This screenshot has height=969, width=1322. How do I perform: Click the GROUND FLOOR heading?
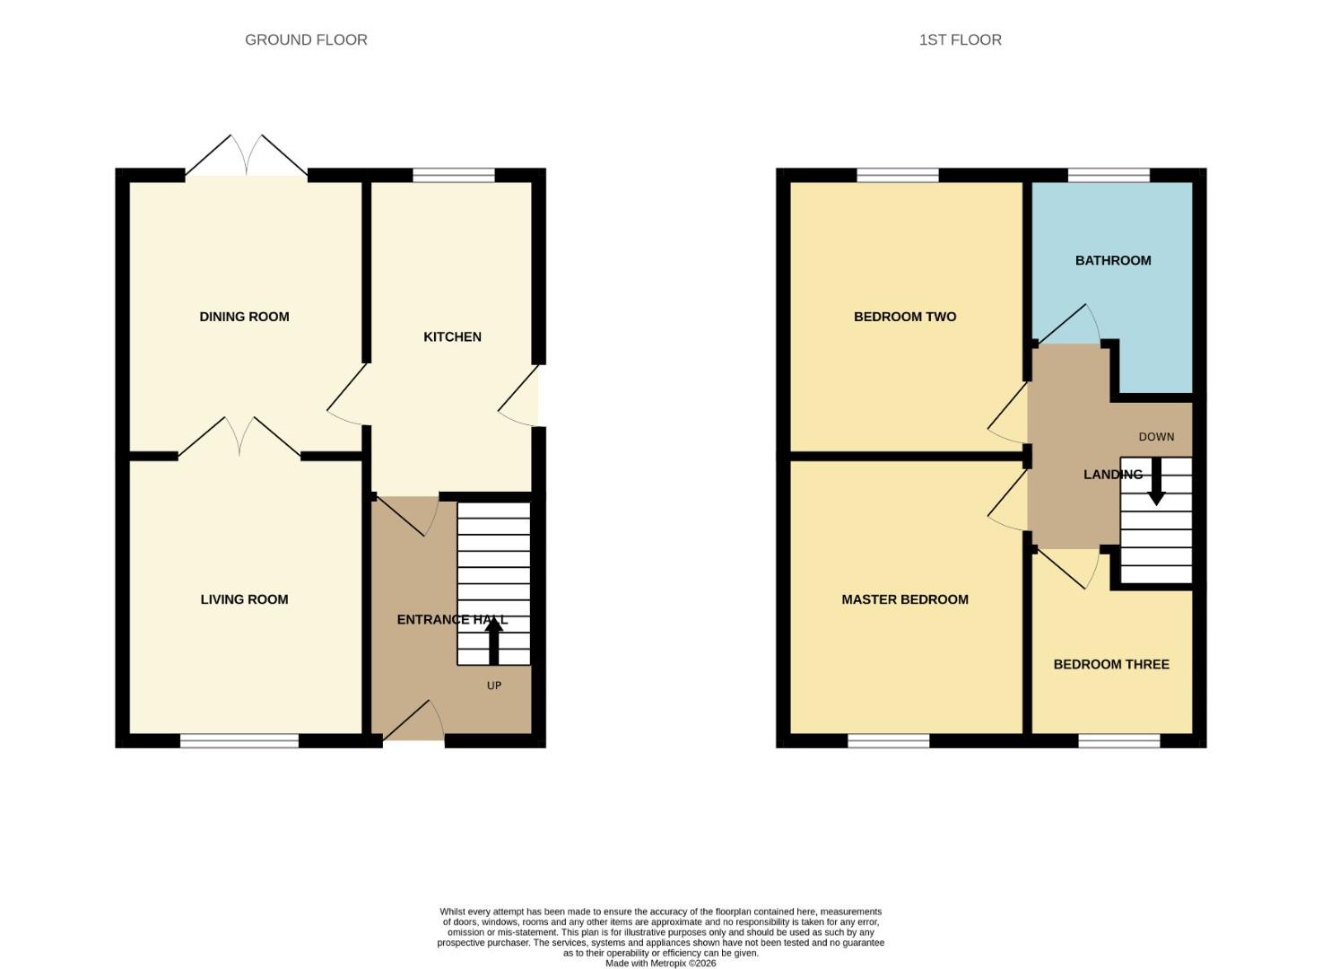306,39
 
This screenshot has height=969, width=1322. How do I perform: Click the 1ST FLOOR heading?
960,39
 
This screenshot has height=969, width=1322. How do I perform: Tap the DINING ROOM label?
244,317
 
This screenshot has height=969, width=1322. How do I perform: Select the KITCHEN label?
452,336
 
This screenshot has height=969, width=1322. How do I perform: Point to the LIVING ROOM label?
244,599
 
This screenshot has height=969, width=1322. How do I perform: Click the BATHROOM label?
1112,260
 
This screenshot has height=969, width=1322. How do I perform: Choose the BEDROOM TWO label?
904,317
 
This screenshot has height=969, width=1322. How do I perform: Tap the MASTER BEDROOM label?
904,599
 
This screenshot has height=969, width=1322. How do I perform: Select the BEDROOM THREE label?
1110,664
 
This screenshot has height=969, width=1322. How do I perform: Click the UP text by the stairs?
493,685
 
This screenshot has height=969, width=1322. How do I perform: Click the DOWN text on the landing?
1156,437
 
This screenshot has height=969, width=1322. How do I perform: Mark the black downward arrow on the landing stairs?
1156,482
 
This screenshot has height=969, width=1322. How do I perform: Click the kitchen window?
454,175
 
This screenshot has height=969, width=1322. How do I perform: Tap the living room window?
239,740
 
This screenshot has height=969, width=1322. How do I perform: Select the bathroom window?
1109,175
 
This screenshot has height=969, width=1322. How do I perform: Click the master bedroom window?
888,740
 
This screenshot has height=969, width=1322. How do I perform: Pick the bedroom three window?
1118,740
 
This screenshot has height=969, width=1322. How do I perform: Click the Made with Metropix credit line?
660,963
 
